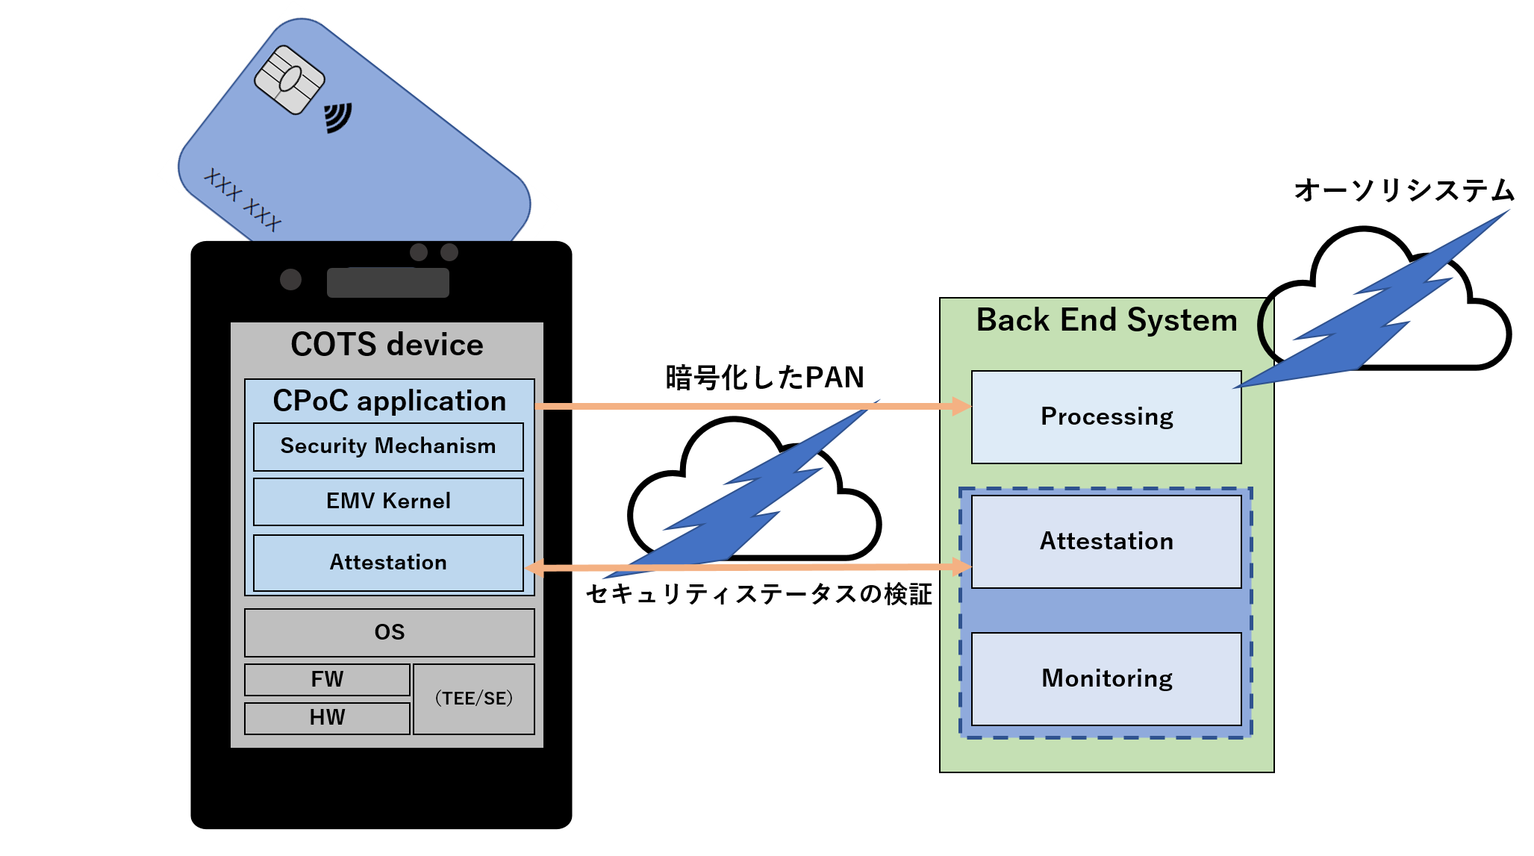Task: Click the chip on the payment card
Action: [x=290, y=80]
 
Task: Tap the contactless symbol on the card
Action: [x=337, y=118]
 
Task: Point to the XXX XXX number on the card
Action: [x=243, y=199]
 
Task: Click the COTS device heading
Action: [x=387, y=345]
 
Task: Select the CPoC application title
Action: [x=389, y=401]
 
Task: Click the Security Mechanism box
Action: [x=388, y=446]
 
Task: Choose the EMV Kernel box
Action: [x=388, y=502]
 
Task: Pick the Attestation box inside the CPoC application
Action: [x=388, y=563]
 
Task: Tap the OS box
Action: [x=389, y=632]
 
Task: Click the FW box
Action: [x=327, y=679]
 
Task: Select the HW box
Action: [x=327, y=718]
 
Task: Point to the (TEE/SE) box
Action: [x=474, y=699]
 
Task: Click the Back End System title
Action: [x=1106, y=320]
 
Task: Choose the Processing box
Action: [x=1106, y=416]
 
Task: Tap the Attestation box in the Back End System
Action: [x=1106, y=541]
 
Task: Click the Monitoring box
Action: [x=1106, y=678]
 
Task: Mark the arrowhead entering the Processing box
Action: [x=961, y=406]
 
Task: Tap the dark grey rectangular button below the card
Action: [x=388, y=283]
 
